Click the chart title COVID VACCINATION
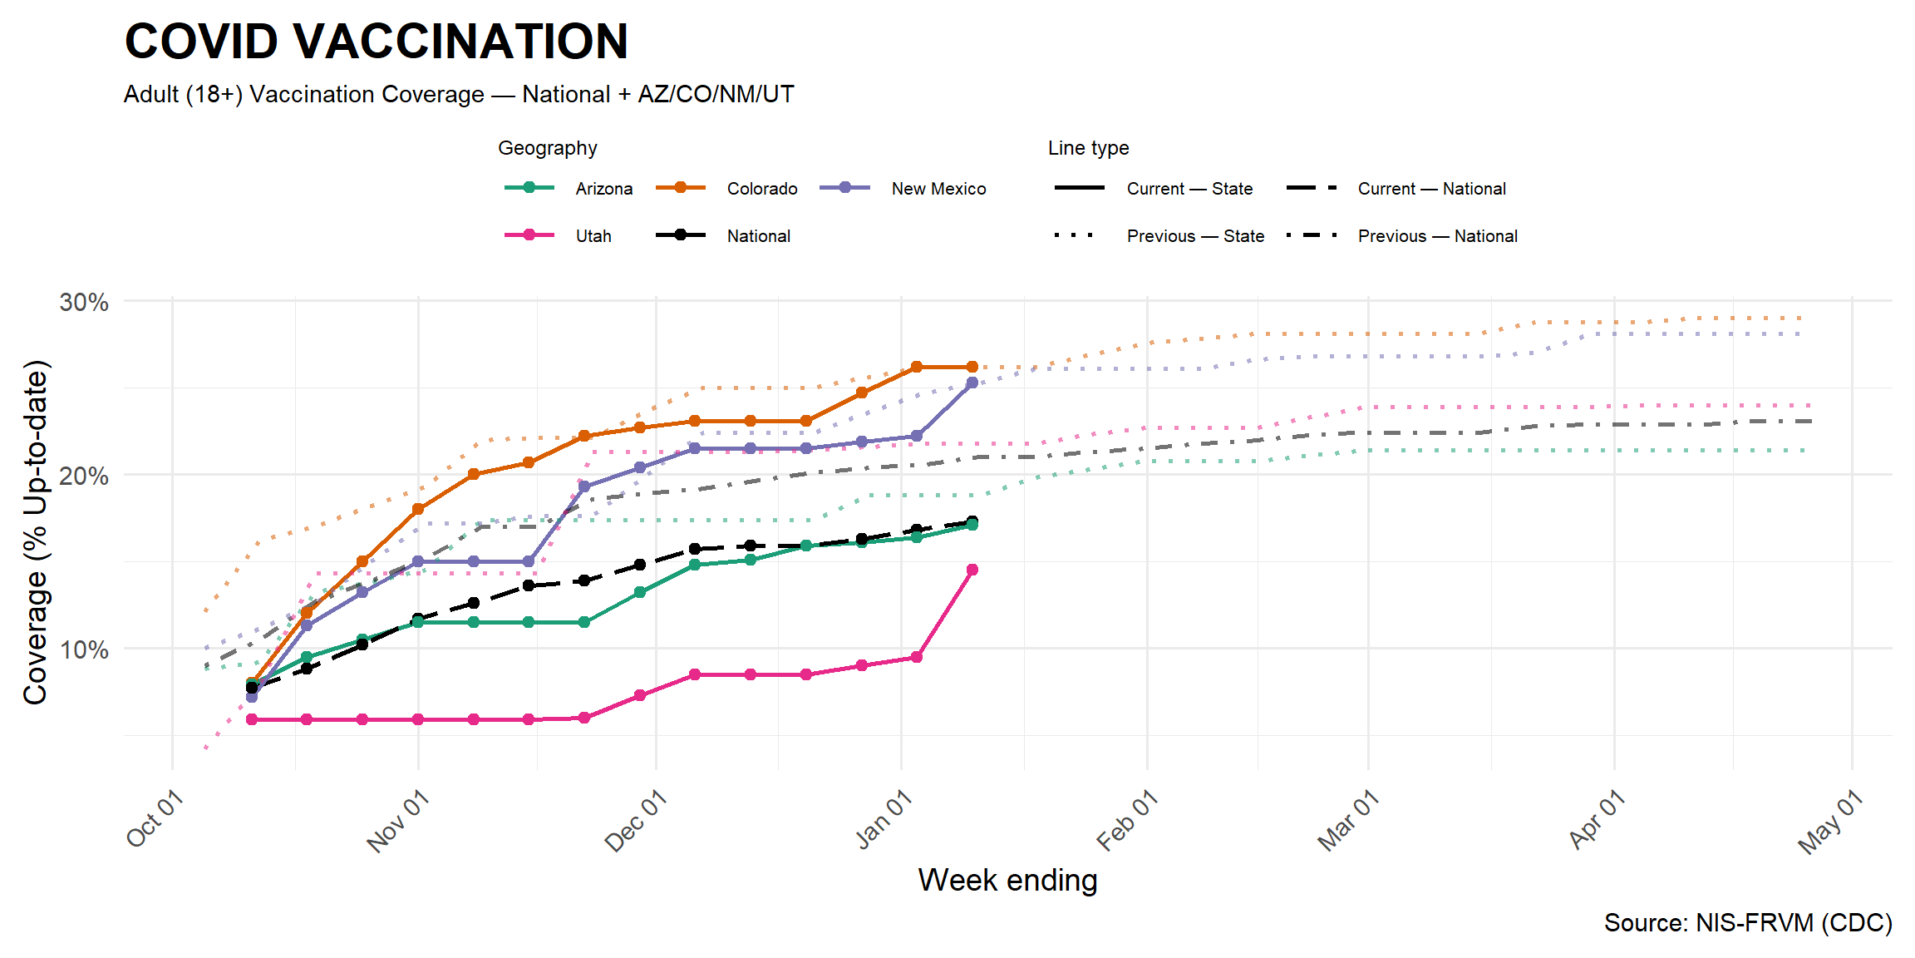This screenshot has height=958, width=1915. (376, 42)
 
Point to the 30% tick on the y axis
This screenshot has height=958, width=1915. (84, 302)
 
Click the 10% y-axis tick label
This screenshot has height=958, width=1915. (84, 649)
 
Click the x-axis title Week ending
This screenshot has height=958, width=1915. (1007, 880)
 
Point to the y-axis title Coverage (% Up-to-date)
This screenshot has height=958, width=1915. (35, 532)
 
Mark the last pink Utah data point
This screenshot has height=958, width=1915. (972, 570)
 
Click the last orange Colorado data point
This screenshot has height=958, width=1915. (972, 367)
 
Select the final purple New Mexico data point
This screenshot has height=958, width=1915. (972, 383)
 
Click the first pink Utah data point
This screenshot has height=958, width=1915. (252, 719)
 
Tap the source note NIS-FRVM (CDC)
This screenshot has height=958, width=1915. (1748, 923)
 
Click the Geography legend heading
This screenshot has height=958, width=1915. (547, 148)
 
